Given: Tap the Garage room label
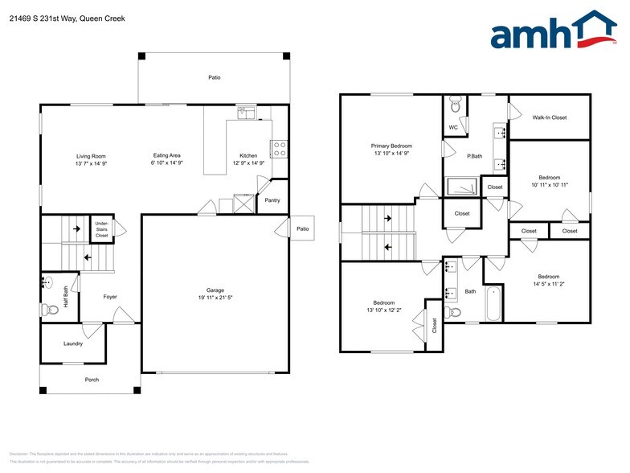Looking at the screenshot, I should pos(215,290).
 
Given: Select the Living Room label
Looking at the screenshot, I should pos(91,156).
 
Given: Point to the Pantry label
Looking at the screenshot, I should pos(272,200).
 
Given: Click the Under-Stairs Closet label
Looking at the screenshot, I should pos(102,228).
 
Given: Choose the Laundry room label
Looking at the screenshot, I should pos(73,343).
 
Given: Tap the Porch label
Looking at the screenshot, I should pos(92,379).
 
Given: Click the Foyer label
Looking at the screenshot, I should pos(110,297).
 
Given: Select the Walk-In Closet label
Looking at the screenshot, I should pos(550,117).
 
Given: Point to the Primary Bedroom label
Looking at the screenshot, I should pos(391,146).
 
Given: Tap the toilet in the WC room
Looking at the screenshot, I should pos(456,104).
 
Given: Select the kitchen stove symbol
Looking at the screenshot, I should pos(280,148).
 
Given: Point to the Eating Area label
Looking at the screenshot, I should pos(166,156).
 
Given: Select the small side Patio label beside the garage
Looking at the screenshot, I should pos(302,228).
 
